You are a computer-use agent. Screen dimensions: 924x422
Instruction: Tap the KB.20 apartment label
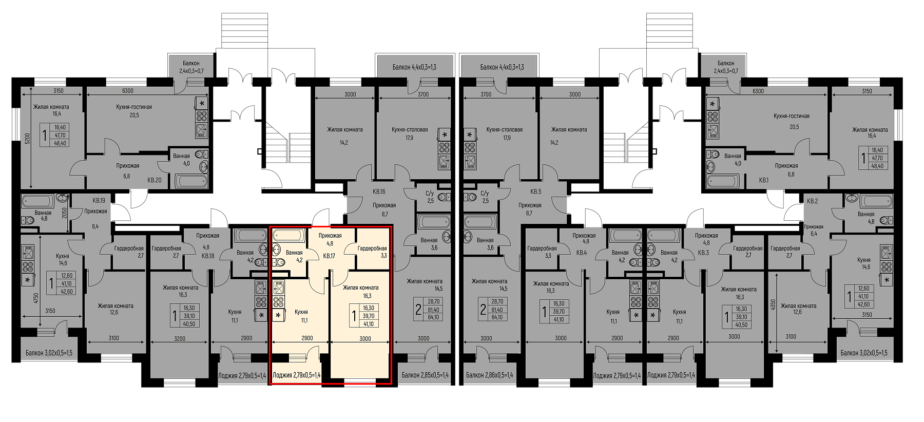[x=155, y=180]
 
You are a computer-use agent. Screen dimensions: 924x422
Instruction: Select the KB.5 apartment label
[x=536, y=191]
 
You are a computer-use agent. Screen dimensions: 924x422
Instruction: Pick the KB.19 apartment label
[x=99, y=200]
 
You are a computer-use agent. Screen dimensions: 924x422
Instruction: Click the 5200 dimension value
[x=28, y=138]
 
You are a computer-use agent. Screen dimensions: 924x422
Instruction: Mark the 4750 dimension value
[x=35, y=299]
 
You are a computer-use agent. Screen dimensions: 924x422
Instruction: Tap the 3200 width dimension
[x=180, y=338]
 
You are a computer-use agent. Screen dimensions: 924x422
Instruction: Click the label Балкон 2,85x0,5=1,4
[x=425, y=375]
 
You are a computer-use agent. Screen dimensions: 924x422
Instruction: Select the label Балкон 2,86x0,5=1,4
[x=490, y=375]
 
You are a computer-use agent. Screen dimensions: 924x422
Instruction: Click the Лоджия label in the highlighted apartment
[x=297, y=375]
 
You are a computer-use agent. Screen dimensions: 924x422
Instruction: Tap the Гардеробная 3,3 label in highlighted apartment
[x=372, y=251]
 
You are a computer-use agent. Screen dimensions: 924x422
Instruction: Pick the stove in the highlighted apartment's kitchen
[x=279, y=301]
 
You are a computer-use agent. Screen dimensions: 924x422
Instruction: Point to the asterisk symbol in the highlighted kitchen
[x=279, y=315]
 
